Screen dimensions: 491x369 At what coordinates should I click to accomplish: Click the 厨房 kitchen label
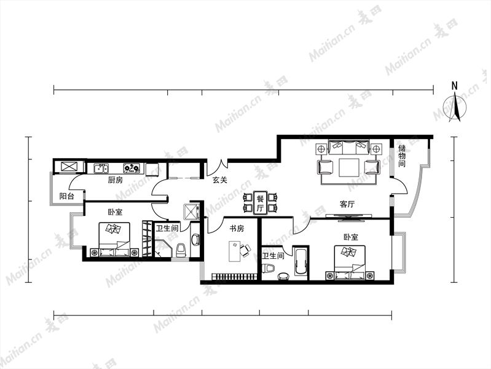pyautogui.click(x=116, y=180)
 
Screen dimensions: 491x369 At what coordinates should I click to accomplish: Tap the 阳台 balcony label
pyautogui.click(x=67, y=196)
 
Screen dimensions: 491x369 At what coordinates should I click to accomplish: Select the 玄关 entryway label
pyautogui.click(x=220, y=180)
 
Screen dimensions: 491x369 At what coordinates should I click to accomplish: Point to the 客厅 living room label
pyautogui.click(x=347, y=204)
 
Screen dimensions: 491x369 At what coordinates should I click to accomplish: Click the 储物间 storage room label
pyautogui.click(x=402, y=156)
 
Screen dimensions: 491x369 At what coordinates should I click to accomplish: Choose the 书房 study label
pyautogui.click(x=237, y=229)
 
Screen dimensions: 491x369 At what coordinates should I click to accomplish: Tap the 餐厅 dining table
pyautogui.click(x=261, y=203)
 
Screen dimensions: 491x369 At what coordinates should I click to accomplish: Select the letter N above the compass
pyautogui.click(x=454, y=85)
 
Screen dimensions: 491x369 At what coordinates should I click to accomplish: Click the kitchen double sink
pyautogui.click(x=101, y=169)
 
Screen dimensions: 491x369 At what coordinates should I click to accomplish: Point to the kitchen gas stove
pyautogui.click(x=132, y=169)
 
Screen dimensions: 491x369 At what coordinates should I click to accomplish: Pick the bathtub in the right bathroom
pyautogui.click(x=301, y=262)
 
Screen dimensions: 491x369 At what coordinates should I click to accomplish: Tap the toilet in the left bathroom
pyautogui.click(x=181, y=250)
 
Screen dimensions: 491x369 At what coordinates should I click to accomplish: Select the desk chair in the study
pyautogui.click(x=245, y=250)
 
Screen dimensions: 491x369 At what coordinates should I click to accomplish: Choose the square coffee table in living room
pyautogui.click(x=349, y=168)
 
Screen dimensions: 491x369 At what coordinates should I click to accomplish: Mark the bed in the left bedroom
pyautogui.click(x=114, y=240)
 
